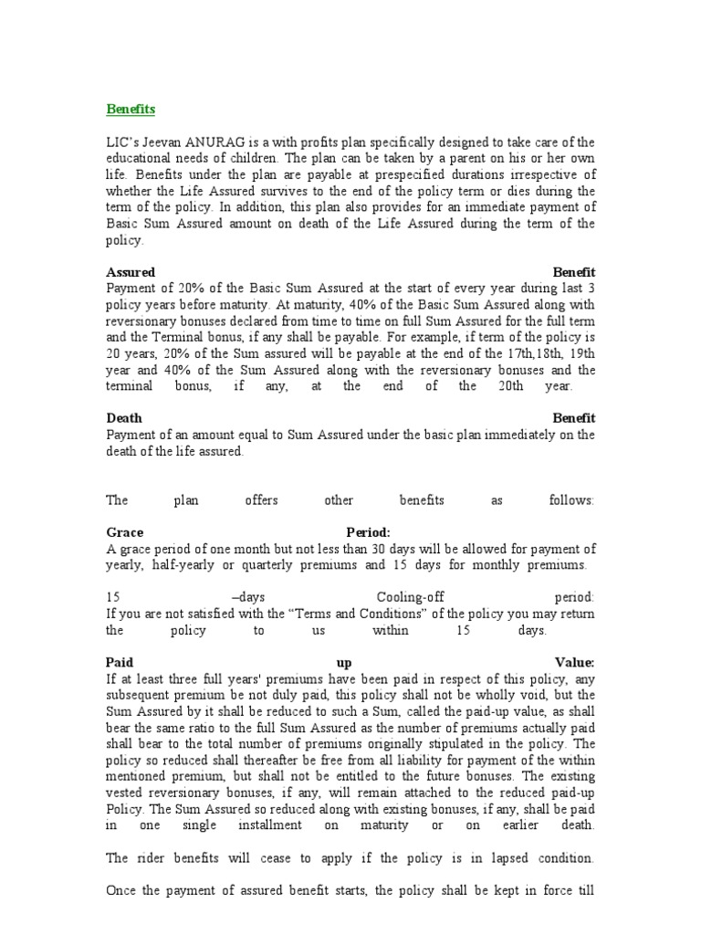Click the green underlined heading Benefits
click(x=131, y=110)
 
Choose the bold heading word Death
click(x=124, y=418)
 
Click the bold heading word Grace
click(x=125, y=532)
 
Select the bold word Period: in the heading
click(x=368, y=532)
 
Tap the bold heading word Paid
click(x=120, y=663)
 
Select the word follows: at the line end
click(x=571, y=500)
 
